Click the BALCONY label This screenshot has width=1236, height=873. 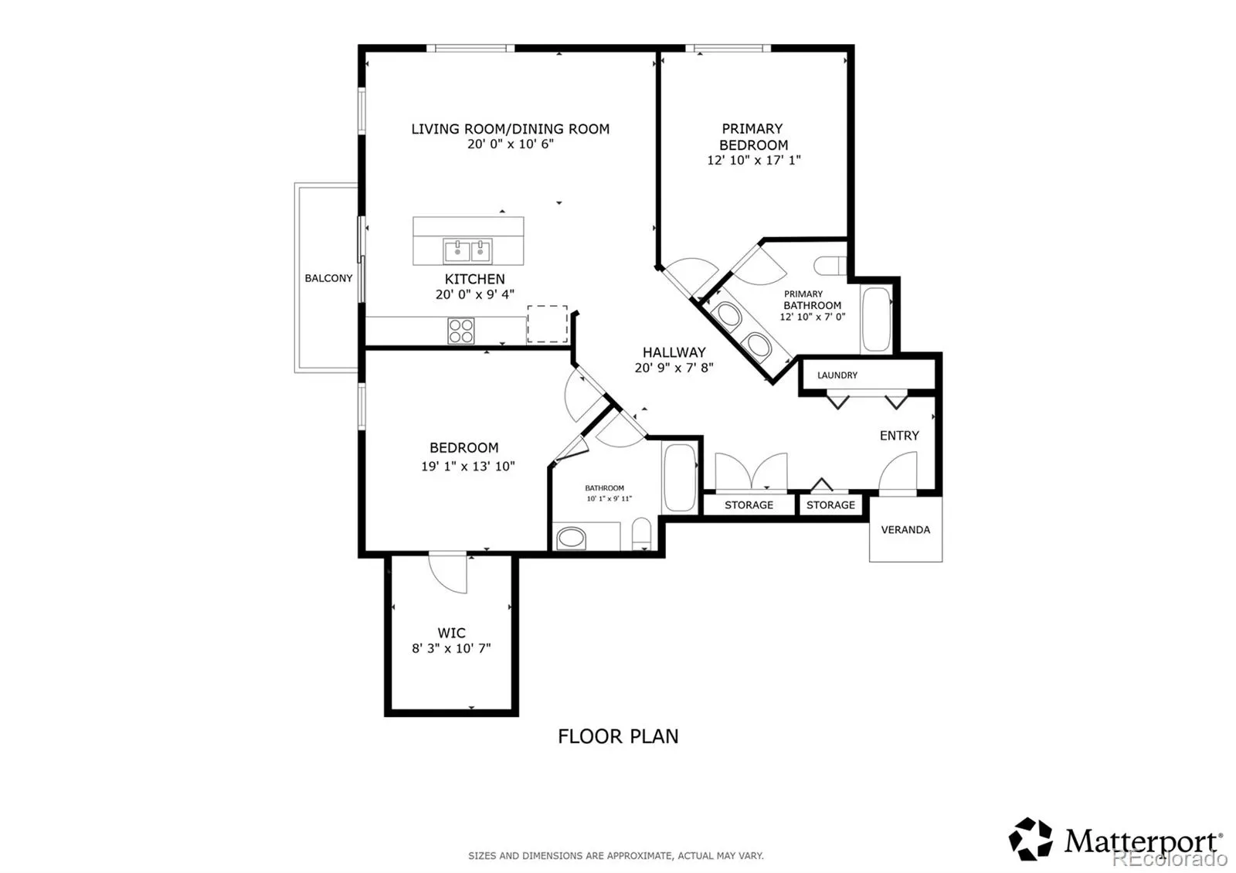click(x=328, y=278)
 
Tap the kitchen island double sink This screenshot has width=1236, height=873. click(x=467, y=251)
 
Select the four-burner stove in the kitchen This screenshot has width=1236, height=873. click(x=460, y=331)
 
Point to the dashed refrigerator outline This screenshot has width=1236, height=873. click(x=548, y=324)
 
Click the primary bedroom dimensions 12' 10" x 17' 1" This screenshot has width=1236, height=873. click(x=754, y=160)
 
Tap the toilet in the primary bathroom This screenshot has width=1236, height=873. click(x=830, y=266)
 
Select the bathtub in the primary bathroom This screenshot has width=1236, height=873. click(x=876, y=319)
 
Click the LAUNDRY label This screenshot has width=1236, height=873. click(x=837, y=375)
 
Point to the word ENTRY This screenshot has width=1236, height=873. click(x=899, y=436)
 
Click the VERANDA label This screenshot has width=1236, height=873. click(x=905, y=530)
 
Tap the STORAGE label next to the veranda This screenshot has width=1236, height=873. click(x=830, y=505)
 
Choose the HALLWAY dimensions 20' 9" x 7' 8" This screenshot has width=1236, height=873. click(x=674, y=368)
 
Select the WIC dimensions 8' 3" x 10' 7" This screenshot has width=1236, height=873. click(x=451, y=648)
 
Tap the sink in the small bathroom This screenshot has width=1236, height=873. click(x=571, y=538)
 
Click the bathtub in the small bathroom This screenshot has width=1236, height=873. click(x=680, y=478)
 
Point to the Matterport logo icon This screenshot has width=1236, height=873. click(x=1031, y=839)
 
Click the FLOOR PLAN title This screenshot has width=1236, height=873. click(x=618, y=736)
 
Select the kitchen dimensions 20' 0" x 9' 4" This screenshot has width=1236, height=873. click(x=474, y=294)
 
